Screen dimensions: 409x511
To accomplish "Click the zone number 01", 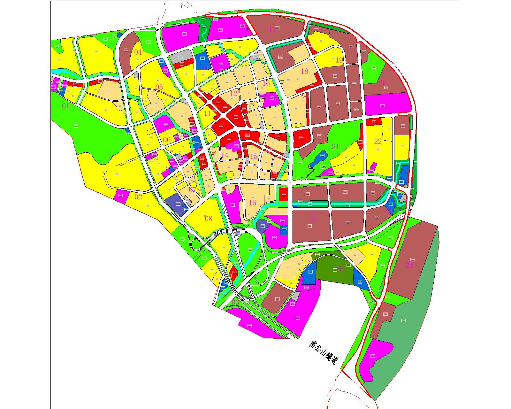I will [x=65, y=106].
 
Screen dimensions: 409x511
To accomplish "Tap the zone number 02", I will [x=138, y=197].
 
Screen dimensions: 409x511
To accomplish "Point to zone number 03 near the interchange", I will [x=235, y=302].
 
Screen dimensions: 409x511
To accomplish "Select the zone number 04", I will [x=138, y=52].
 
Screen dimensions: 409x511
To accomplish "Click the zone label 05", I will [x=159, y=87].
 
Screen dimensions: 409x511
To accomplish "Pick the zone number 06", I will [x=167, y=140].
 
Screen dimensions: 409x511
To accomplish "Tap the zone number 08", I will [x=208, y=219].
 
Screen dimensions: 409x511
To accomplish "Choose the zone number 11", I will [x=207, y=114].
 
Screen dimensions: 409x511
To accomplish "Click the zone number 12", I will [x=234, y=94].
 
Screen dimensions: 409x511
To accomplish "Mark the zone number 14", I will [x=225, y=155].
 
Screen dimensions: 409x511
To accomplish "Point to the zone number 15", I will [x=254, y=156].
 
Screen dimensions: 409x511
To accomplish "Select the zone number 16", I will [x=252, y=203].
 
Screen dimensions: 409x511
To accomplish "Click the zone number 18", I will [x=304, y=71].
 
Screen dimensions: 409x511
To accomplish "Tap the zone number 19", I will [x=339, y=60].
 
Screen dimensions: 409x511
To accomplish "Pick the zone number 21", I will [x=335, y=147].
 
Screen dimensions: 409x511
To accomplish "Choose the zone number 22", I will [x=378, y=141].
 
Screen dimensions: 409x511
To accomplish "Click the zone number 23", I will [x=314, y=218].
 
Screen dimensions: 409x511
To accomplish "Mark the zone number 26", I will [x=409, y=265].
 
